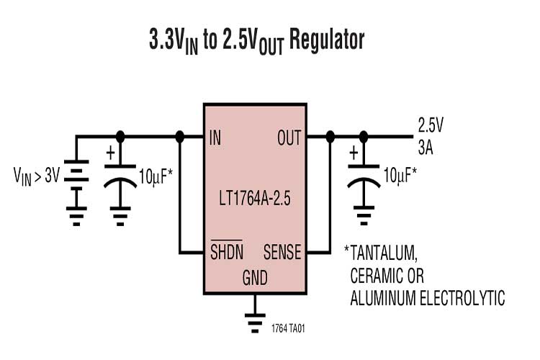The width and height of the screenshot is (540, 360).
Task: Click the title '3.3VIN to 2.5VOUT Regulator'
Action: pyautogui.click(x=256, y=40)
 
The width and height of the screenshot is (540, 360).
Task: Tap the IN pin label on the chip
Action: pyautogui.click(x=216, y=137)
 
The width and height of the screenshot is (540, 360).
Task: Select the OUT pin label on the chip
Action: pyautogui.click(x=289, y=137)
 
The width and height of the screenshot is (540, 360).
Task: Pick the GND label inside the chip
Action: pyautogui.click(x=253, y=276)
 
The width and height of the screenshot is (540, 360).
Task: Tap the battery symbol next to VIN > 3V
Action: pyautogui.click(x=76, y=173)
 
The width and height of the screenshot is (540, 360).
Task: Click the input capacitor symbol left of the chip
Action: pyautogui.click(x=120, y=176)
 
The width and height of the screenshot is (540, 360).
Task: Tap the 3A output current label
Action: pyautogui.click(x=426, y=147)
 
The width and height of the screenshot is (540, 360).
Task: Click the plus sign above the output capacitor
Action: pyautogui.click(x=354, y=153)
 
